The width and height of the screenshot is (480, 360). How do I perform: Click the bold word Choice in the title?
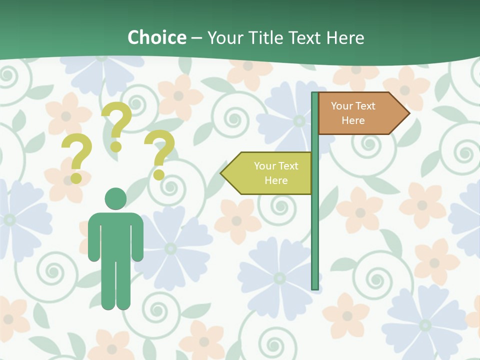(x=156, y=37)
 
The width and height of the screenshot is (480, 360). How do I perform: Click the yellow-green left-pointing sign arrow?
(x=267, y=173)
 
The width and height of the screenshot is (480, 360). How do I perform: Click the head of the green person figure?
(x=115, y=198)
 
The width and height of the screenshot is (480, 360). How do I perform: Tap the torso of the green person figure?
(x=115, y=235)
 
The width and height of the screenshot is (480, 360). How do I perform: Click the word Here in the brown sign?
(x=353, y=120)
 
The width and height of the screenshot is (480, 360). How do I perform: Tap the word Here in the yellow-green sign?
(x=276, y=180)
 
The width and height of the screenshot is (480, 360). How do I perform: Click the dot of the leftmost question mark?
(x=76, y=178)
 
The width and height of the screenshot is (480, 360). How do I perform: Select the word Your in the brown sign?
(x=342, y=106)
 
